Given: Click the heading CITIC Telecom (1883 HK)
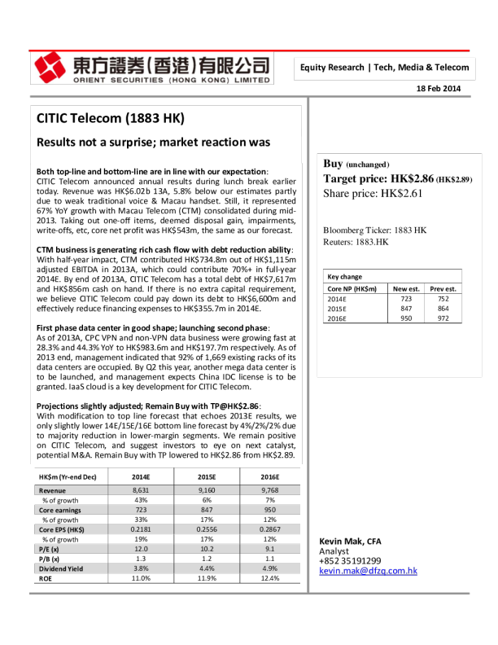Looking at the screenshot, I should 111,119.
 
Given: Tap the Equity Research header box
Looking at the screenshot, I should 384,68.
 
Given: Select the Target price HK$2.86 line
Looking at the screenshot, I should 397,178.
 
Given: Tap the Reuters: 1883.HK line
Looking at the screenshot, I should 356,242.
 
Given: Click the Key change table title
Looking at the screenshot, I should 344,277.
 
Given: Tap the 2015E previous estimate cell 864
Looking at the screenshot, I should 443,310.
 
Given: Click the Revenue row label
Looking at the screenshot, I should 54,491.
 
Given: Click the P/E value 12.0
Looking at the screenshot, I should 141,549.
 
